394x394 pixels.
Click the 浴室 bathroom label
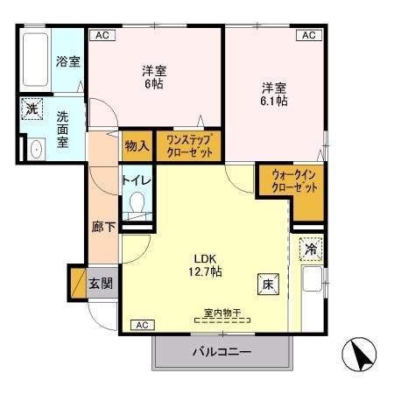[67, 61]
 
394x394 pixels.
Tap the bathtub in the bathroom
[37, 61]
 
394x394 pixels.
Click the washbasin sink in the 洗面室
[35, 149]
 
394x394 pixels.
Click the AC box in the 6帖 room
[102, 36]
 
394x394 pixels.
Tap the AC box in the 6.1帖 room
[308, 36]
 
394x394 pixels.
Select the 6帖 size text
[154, 84]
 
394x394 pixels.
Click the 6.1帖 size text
[274, 101]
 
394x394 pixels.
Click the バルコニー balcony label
[222, 352]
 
